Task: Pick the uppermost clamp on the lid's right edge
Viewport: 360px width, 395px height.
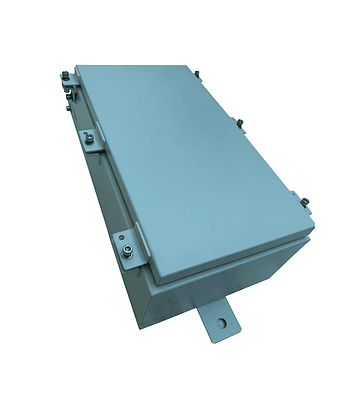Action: click(194, 75)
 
